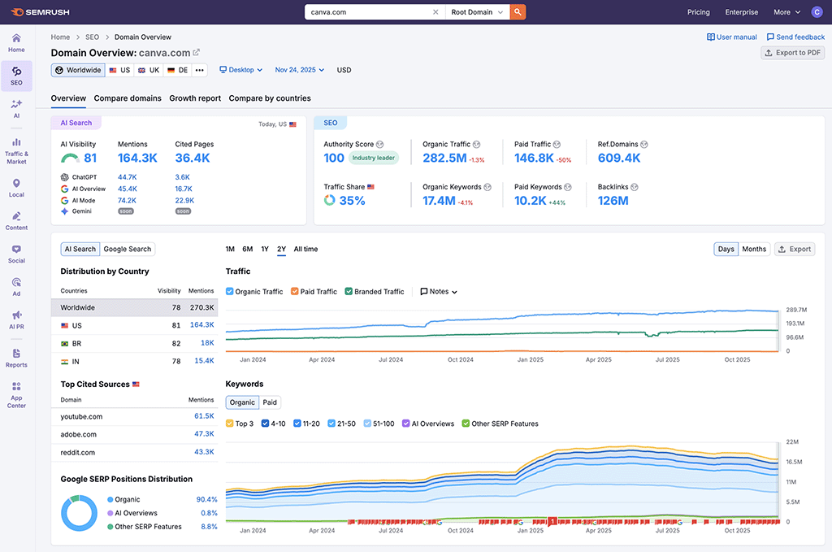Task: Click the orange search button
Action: [518, 12]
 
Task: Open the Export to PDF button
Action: [792, 53]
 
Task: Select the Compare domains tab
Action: [128, 98]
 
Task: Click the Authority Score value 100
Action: [334, 159]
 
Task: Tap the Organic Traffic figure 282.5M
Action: [444, 159]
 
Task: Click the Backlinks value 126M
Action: [613, 201]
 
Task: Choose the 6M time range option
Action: [248, 249]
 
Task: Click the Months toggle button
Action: [753, 249]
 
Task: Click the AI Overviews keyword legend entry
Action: [406, 424]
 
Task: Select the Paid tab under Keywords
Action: [270, 402]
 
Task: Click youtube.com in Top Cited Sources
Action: [81, 416]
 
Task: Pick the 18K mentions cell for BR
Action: [207, 343]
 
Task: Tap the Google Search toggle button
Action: [128, 249]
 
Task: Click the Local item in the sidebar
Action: [16, 187]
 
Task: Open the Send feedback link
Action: [795, 37]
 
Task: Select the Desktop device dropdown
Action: [241, 70]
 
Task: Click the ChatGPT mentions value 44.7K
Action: [127, 176]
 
